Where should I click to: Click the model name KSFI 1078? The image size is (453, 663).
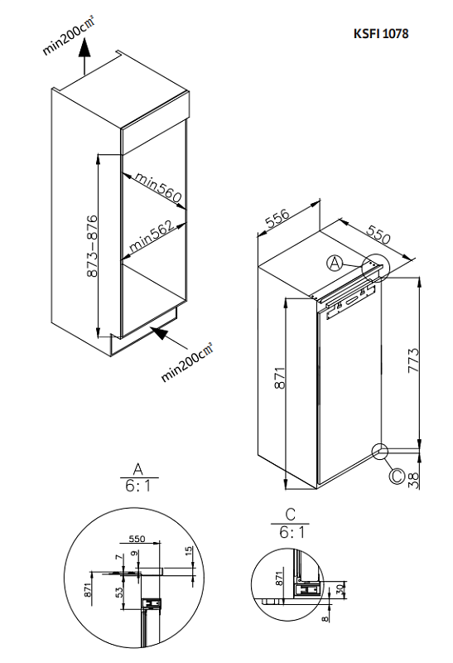(x=380, y=34)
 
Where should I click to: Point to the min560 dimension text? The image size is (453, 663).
(x=157, y=187)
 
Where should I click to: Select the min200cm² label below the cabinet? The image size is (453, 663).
(x=187, y=362)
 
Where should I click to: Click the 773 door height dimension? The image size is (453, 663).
(x=413, y=362)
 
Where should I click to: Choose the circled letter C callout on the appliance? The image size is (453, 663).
(x=396, y=476)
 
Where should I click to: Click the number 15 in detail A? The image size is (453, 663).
(x=189, y=550)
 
